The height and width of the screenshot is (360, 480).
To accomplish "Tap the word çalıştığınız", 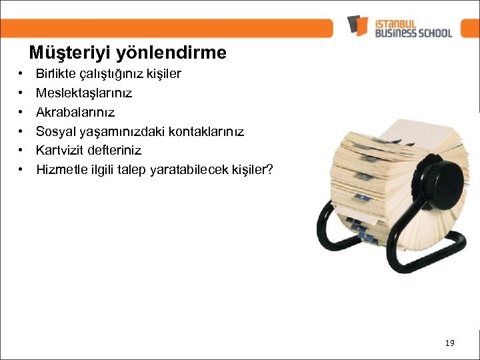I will click(109, 74).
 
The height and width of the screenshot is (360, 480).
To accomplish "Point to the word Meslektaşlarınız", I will click(84, 93).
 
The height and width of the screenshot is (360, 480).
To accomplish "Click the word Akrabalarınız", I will click(75, 112).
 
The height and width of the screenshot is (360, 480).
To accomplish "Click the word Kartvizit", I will click(59, 150).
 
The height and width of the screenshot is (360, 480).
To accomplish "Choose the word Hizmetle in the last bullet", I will click(60, 169).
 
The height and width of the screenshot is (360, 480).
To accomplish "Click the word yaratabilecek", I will click(189, 169).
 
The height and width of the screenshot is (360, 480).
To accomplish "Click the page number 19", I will click(449, 343).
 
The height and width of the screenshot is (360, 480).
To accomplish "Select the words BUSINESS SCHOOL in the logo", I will click(413, 33).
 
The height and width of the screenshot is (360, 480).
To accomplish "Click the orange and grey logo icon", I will click(358, 26).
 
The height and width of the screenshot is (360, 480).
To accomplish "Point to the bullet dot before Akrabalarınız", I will click(21, 112).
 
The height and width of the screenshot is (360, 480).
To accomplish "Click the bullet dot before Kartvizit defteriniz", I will click(21, 150).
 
